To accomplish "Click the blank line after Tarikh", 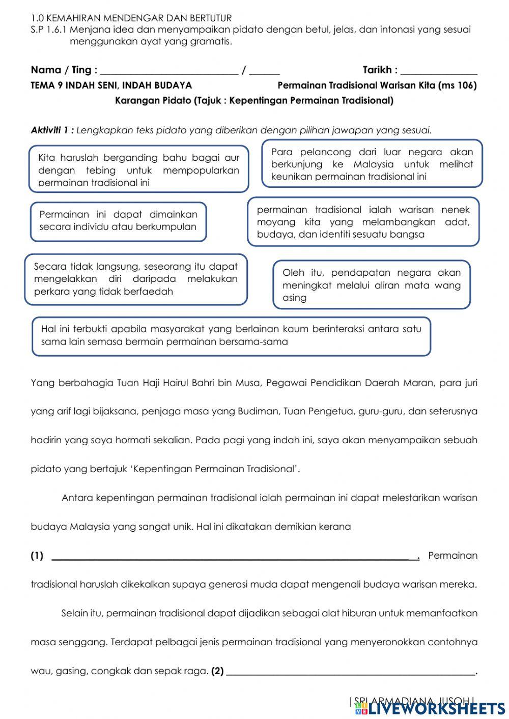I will [x=439, y=71].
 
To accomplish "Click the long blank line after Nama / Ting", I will [x=169, y=71].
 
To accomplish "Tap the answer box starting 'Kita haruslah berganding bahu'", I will [x=138, y=169].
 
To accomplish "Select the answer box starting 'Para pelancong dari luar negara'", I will [x=372, y=164].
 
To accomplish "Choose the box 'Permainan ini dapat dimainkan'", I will [x=118, y=221].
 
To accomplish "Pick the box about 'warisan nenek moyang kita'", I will [x=363, y=222].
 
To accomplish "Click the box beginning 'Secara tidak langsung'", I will [x=135, y=279].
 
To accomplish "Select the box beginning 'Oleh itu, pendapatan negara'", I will [x=371, y=285].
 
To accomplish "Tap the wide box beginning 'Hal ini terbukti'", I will [x=231, y=335].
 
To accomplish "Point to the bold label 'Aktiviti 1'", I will [x=52, y=130].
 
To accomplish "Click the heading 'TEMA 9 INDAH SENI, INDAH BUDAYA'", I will [x=111, y=85].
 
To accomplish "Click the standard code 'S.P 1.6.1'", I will [x=49, y=30].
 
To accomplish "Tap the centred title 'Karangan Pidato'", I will [x=153, y=101].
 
